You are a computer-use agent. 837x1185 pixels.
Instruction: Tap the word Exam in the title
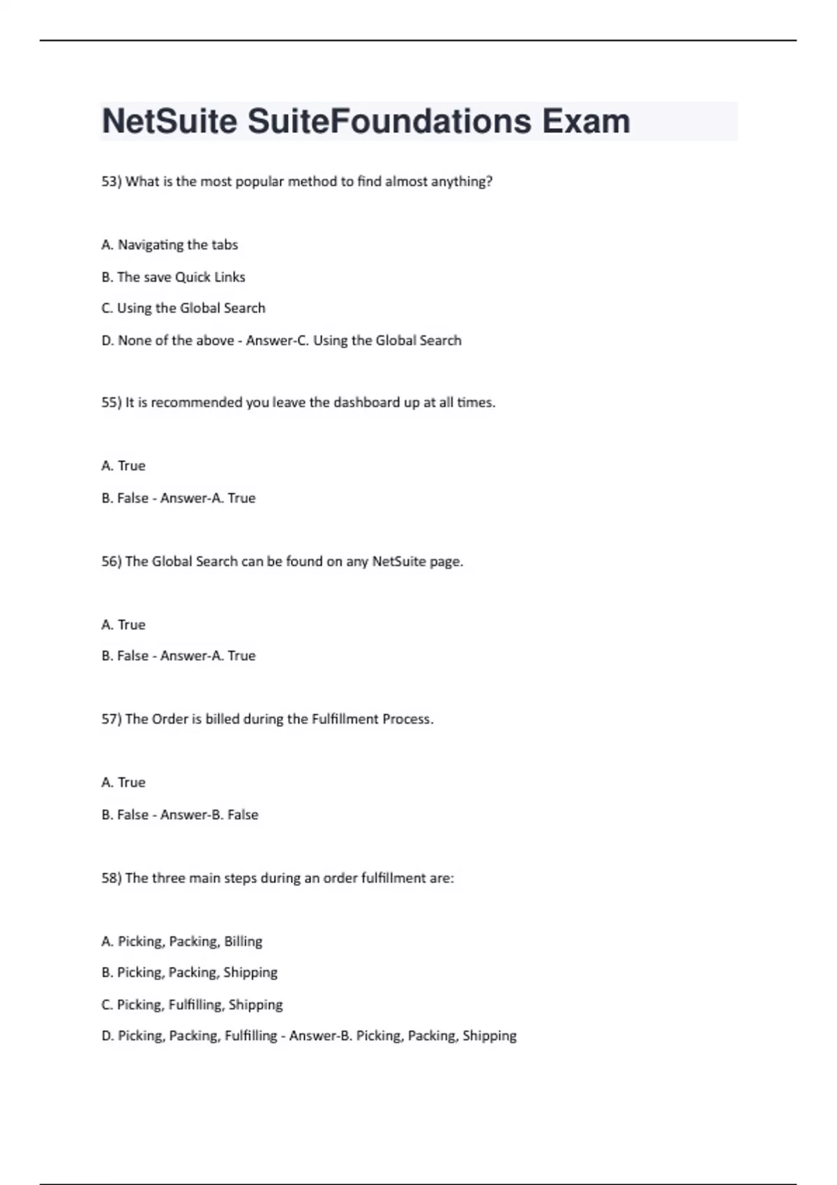pos(586,121)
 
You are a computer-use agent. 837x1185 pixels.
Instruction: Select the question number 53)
pos(112,182)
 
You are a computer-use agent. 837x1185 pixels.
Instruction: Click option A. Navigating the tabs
pos(169,245)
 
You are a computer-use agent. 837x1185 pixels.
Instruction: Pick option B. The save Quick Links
pos(173,277)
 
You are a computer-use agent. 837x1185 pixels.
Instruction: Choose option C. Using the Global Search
pos(183,308)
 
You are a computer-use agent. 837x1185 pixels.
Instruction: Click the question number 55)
pos(112,403)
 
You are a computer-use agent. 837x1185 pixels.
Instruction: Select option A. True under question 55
pos(123,466)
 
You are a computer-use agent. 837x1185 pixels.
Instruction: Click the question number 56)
pos(112,562)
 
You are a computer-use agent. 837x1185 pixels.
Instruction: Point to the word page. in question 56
pos(446,562)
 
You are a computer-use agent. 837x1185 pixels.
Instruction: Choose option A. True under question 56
pos(123,625)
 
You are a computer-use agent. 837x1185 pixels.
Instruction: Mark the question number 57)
pos(112,719)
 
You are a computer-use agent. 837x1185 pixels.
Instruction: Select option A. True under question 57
pos(123,783)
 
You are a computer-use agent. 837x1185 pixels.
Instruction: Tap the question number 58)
pos(112,878)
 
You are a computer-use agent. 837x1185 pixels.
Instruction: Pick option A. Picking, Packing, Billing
pos(182,942)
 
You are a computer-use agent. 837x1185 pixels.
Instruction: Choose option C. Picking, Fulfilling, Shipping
pos(192,1005)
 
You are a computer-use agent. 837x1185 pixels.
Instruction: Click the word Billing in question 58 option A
pos(243,942)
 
